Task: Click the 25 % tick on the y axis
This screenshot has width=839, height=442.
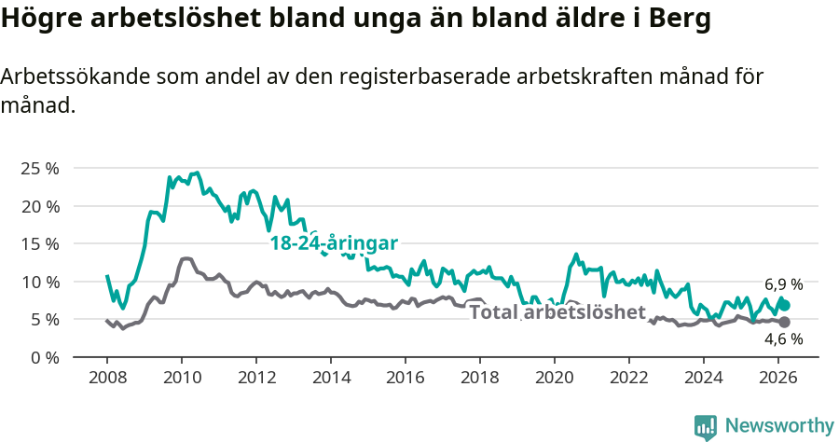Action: [x=40, y=169]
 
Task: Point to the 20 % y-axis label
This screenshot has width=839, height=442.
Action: [x=40, y=206]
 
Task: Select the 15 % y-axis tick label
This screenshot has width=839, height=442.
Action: [x=40, y=244]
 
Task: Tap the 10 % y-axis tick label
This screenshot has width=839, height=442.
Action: [x=40, y=282]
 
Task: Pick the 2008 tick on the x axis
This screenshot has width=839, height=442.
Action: [x=106, y=377]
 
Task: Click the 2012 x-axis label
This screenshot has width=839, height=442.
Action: [x=255, y=377]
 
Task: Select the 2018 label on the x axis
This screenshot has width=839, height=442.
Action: [x=479, y=377]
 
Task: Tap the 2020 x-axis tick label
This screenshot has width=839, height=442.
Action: [x=554, y=377]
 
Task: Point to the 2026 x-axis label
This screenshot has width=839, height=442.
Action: [x=777, y=377]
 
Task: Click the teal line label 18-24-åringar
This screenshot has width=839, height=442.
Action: [x=334, y=243]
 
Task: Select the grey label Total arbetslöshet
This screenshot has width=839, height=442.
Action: [x=557, y=311]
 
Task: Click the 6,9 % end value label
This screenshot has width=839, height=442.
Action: [x=783, y=284]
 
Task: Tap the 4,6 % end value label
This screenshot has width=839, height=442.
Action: [x=783, y=339]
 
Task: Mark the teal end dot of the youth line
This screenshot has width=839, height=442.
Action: [x=785, y=305]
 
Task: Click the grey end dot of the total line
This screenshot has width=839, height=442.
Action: [x=785, y=322]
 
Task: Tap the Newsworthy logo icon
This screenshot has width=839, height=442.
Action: [x=706, y=427]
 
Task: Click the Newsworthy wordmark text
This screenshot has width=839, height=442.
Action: [x=778, y=426]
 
